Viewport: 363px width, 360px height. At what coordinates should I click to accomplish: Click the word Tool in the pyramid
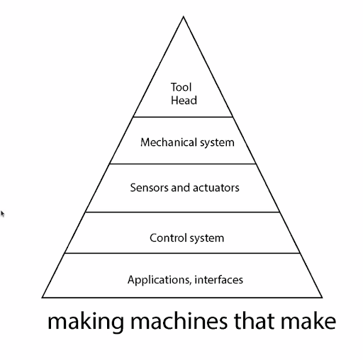pyautogui.click(x=181, y=88)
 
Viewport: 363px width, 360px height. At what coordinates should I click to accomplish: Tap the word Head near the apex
pyautogui.click(x=184, y=101)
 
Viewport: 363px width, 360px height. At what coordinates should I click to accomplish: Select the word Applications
pyautogui.click(x=157, y=280)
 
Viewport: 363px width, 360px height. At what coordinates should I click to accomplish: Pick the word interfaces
pyautogui.click(x=218, y=280)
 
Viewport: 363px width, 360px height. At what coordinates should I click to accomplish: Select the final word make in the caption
pyautogui.click(x=309, y=322)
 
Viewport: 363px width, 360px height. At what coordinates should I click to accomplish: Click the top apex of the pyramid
pyautogui.click(x=184, y=15)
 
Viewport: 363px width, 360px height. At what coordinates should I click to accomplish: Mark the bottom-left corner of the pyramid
pyautogui.click(x=43, y=298)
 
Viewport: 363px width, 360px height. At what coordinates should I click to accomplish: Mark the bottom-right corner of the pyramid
pyautogui.click(x=323, y=298)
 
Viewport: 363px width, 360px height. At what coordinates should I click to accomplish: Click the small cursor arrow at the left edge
pyautogui.click(x=2, y=213)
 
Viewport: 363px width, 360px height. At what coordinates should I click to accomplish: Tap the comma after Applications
pyautogui.click(x=189, y=283)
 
